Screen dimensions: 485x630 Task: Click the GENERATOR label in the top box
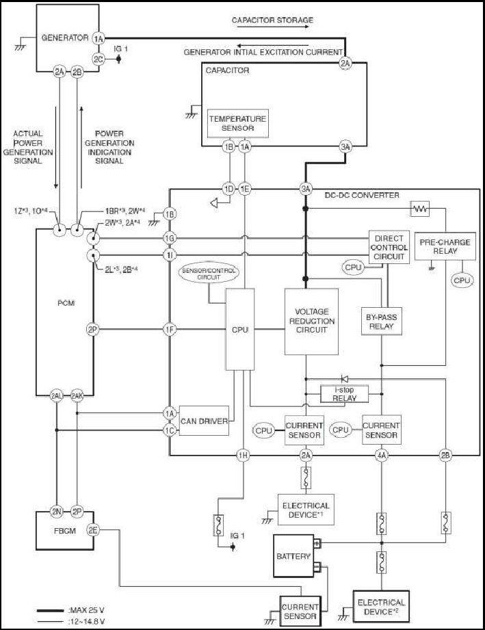coord(65,38)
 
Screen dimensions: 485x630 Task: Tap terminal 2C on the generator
coord(99,59)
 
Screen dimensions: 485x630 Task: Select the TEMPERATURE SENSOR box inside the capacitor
coord(238,123)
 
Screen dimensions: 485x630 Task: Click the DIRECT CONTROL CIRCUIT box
coord(389,247)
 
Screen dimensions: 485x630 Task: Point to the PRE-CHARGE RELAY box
coord(445,246)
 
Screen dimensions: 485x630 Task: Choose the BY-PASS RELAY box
coord(381,321)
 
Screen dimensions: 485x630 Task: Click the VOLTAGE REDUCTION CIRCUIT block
coord(311,321)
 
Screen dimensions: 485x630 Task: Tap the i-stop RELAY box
coord(344,394)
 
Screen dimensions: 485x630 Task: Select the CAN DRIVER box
coord(204,421)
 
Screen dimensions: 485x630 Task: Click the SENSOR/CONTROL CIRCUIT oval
coord(209,274)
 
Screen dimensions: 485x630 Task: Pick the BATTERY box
coord(293,556)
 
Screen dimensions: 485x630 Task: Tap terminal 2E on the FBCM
coord(93,530)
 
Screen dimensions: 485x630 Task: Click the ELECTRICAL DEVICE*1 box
coord(306,510)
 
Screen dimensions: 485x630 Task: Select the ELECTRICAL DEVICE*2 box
coord(381,607)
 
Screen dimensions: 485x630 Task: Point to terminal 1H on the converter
coord(243,456)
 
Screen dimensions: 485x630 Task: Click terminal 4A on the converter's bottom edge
coord(381,456)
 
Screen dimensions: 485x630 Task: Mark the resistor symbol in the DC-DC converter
coord(419,209)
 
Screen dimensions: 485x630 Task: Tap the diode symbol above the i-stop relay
coord(344,378)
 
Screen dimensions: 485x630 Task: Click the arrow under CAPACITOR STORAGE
coord(273,27)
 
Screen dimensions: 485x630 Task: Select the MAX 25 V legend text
coord(86,610)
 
